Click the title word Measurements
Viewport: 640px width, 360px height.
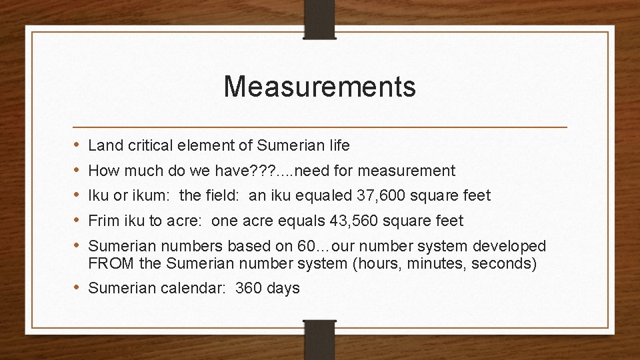pos(319,87)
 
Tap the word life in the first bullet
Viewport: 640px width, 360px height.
pos(339,145)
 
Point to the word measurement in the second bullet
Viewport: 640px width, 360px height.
pos(406,171)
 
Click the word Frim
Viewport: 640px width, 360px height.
pos(104,221)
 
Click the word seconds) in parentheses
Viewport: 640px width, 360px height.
pos(504,263)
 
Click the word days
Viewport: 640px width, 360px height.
pos(283,289)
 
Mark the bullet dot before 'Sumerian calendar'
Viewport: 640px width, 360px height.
pos(77,289)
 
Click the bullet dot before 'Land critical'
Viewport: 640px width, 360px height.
pos(77,145)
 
